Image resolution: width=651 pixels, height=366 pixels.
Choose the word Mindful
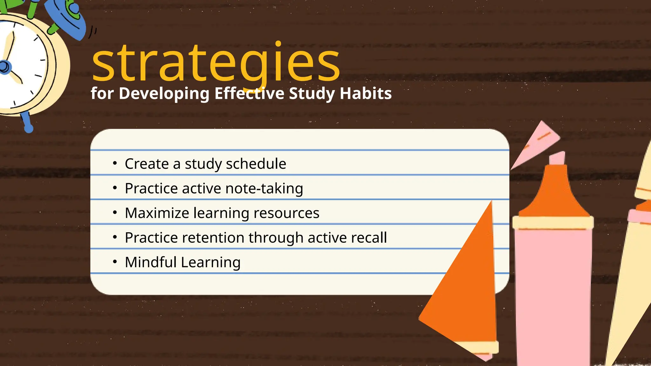tap(151, 262)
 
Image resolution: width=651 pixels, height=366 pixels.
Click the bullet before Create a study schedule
tap(115, 163)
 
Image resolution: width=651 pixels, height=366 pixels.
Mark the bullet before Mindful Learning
tap(115, 262)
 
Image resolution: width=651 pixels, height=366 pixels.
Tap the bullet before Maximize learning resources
tap(115, 213)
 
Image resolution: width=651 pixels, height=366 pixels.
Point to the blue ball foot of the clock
tap(29, 128)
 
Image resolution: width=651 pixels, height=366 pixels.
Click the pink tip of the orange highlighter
tap(558, 158)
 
